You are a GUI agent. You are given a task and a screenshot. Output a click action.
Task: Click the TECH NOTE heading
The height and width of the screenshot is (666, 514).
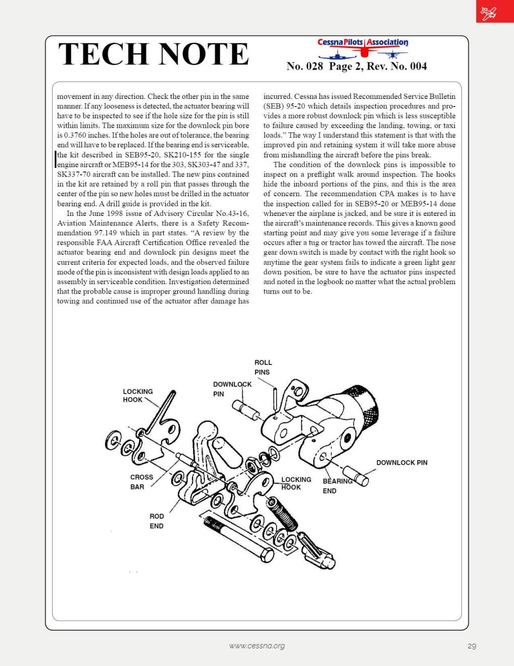click(x=153, y=54)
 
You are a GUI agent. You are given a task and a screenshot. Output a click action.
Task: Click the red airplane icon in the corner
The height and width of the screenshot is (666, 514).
click(x=488, y=12)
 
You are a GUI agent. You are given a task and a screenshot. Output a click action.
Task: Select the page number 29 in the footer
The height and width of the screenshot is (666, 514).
click(x=472, y=646)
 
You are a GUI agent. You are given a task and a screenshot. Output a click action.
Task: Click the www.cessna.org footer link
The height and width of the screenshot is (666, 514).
click(x=256, y=646)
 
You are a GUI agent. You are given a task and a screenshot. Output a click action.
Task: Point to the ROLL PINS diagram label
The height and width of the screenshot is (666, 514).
click(x=263, y=367)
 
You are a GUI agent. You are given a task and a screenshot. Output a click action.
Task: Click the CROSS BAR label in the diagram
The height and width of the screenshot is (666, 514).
click(x=141, y=482)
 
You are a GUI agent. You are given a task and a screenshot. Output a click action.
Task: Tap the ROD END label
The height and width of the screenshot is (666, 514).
click(x=156, y=521)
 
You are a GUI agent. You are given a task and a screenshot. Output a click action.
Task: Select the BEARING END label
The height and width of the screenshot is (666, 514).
click(x=337, y=486)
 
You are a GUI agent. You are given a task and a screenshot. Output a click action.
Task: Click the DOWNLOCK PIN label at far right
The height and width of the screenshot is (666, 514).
click(x=402, y=463)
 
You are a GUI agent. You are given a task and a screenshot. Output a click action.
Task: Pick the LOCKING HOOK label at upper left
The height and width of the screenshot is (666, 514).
click(x=138, y=396)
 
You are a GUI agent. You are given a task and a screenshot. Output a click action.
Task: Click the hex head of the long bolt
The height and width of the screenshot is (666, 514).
click(x=266, y=555)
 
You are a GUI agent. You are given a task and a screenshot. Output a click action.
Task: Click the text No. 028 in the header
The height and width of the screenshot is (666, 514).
click(x=304, y=66)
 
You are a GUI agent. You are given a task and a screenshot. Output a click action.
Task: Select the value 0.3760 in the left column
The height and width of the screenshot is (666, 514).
click(x=75, y=135)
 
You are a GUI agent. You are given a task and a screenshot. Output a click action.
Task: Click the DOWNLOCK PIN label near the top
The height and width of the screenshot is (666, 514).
click(x=232, y=388)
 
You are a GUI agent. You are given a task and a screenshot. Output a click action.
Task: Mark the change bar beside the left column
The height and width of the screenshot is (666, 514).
click(x=55, y=159)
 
